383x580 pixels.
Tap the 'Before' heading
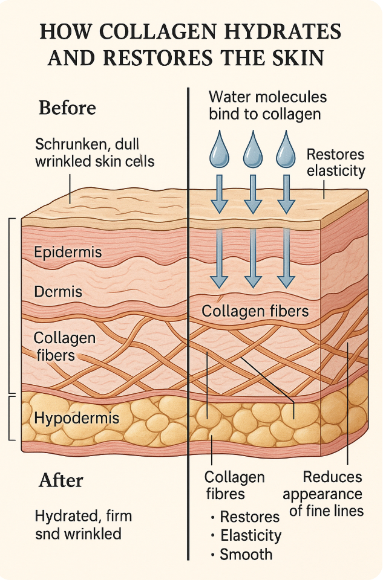[67, 108]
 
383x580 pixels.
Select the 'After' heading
[61, 480]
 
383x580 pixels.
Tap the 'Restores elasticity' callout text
[336, 162]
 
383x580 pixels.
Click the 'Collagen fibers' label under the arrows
[255, 311]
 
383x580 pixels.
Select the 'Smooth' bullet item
[246, 555]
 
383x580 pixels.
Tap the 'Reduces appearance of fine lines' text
[332, 494]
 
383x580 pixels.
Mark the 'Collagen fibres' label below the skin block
[235, 485]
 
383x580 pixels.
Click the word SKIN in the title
[298, 59]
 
